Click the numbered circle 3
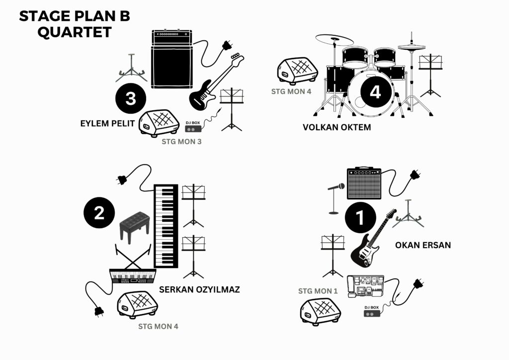click(131, 98)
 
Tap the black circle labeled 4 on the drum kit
click(375, 92)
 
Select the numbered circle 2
click(99, 213)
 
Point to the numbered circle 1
click(359, 217)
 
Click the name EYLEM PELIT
click(107, 123)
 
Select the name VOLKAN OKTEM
click(337, 127)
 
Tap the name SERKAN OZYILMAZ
click(199, 289)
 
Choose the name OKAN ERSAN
click(423, 245)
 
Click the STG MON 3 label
click(181, 142)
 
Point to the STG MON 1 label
click(318, 291)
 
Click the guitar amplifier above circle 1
click(364, 182)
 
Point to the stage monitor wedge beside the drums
click(297, 70)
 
